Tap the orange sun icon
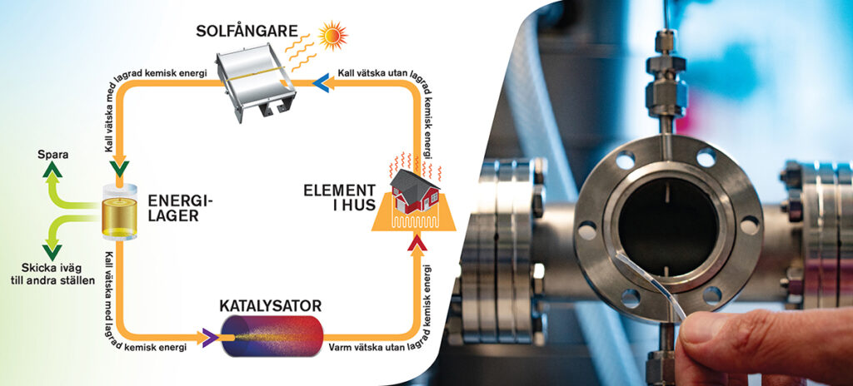click(x=334, y=36)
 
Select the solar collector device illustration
click(x=257, y=82)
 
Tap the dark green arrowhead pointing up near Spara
click(x=53, y=171)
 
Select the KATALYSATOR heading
click(x=271, y=304)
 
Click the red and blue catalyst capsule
click(x=272, y=336)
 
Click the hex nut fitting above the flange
click(x=666, y=96)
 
